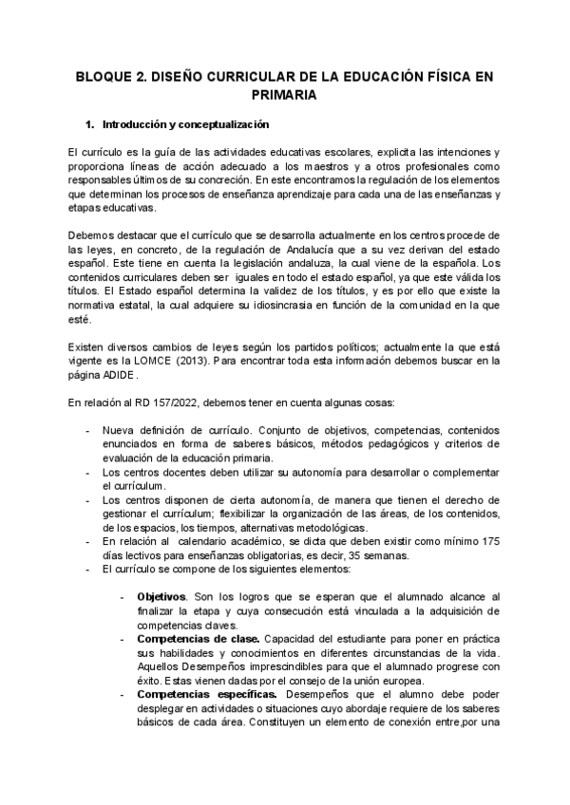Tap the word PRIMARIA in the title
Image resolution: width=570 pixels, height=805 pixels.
pos(284,94)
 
